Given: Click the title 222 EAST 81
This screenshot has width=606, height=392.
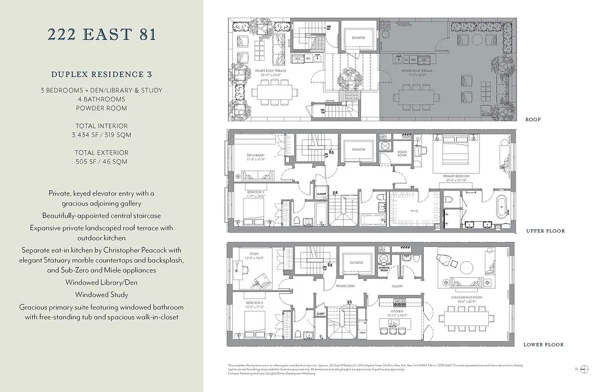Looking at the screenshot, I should point(101,35).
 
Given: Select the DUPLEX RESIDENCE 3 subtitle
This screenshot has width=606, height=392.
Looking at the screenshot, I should point(101,74).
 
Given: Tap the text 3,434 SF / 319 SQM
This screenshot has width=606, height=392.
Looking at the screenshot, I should point(101,135).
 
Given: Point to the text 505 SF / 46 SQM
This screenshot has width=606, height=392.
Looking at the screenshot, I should point(101,161).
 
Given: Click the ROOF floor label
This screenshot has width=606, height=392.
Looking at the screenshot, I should point(533,120).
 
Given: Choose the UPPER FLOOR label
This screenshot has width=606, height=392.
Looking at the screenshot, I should point(545,231).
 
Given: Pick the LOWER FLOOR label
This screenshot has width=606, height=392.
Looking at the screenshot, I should point(543,344).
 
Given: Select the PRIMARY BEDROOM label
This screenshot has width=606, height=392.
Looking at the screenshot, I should point(456,176).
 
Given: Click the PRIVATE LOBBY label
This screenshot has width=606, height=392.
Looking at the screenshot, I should point(345,286).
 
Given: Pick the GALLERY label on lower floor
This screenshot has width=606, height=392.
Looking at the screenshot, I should point(397,286).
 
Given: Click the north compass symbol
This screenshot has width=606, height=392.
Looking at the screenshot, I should point(584,369).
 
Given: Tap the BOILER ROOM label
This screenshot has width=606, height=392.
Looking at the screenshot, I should point(402,153).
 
